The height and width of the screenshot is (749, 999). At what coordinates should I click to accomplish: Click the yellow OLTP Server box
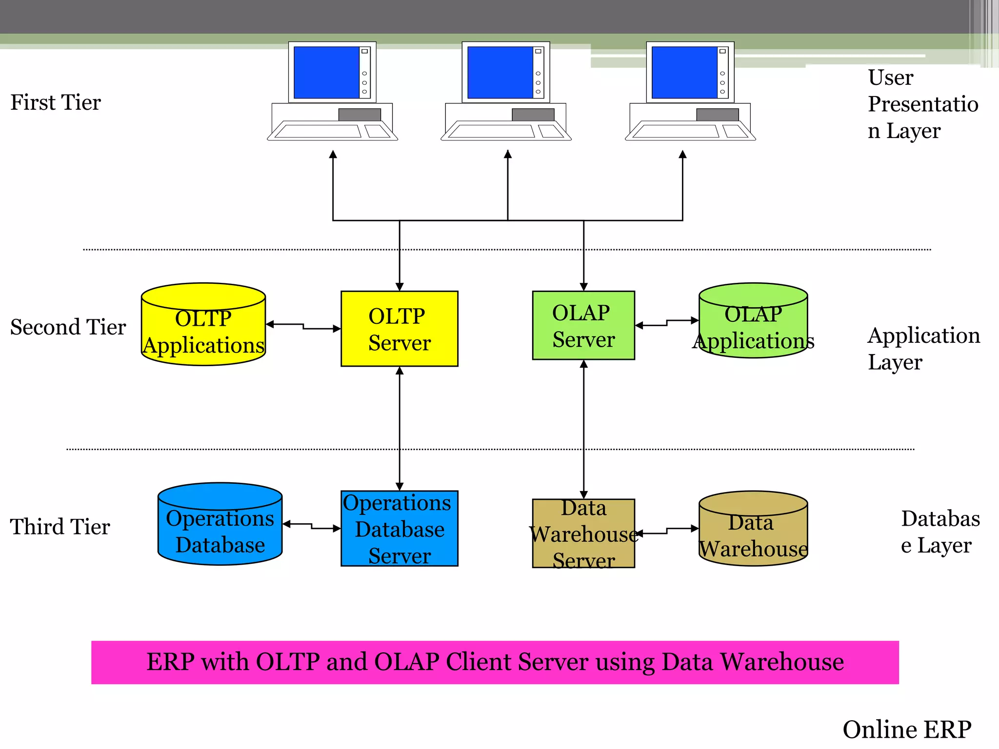click(399, 329)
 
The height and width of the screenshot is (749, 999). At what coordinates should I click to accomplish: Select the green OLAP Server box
click(583, 325)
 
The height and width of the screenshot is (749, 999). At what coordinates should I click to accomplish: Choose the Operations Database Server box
click(399, 529)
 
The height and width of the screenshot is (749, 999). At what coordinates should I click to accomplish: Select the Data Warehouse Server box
click(583, 533)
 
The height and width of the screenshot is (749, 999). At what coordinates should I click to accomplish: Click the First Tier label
click(56, 103)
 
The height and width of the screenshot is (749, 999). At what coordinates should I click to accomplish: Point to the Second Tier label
click(68, 327)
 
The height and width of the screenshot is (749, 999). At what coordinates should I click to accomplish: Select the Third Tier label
click(60, 527)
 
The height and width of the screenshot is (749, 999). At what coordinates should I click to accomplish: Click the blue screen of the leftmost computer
click(326, 72)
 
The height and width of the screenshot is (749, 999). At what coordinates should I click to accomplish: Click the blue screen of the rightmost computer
click(684, 72)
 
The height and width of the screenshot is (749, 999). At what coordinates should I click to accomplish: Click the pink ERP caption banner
click(495, 662)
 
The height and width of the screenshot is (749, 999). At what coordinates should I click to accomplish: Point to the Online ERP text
click(907, 730)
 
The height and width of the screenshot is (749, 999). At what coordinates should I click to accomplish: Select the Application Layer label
click(923, 349)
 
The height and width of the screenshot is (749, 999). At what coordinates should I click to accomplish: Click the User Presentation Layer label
click(922, 104)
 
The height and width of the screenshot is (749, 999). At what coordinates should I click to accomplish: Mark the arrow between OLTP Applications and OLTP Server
click(303, 326)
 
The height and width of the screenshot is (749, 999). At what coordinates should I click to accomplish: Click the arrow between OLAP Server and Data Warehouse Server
click(583, 429)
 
